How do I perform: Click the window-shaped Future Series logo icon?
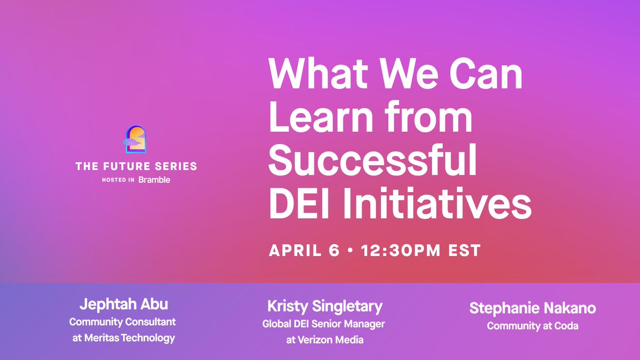[136, 140]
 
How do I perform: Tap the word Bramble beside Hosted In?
[154, 180]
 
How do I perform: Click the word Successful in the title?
[372, 163]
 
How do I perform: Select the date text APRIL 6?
[304, 250]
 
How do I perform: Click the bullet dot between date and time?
[349, 251]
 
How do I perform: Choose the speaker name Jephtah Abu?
[123, 305]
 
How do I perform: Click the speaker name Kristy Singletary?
[325, 306]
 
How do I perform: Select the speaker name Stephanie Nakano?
[532, 308]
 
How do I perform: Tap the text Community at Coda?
[532, 326]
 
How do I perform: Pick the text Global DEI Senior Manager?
[324, 324]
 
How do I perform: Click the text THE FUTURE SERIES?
[136, 166]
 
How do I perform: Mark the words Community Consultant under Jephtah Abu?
[123, 322]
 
